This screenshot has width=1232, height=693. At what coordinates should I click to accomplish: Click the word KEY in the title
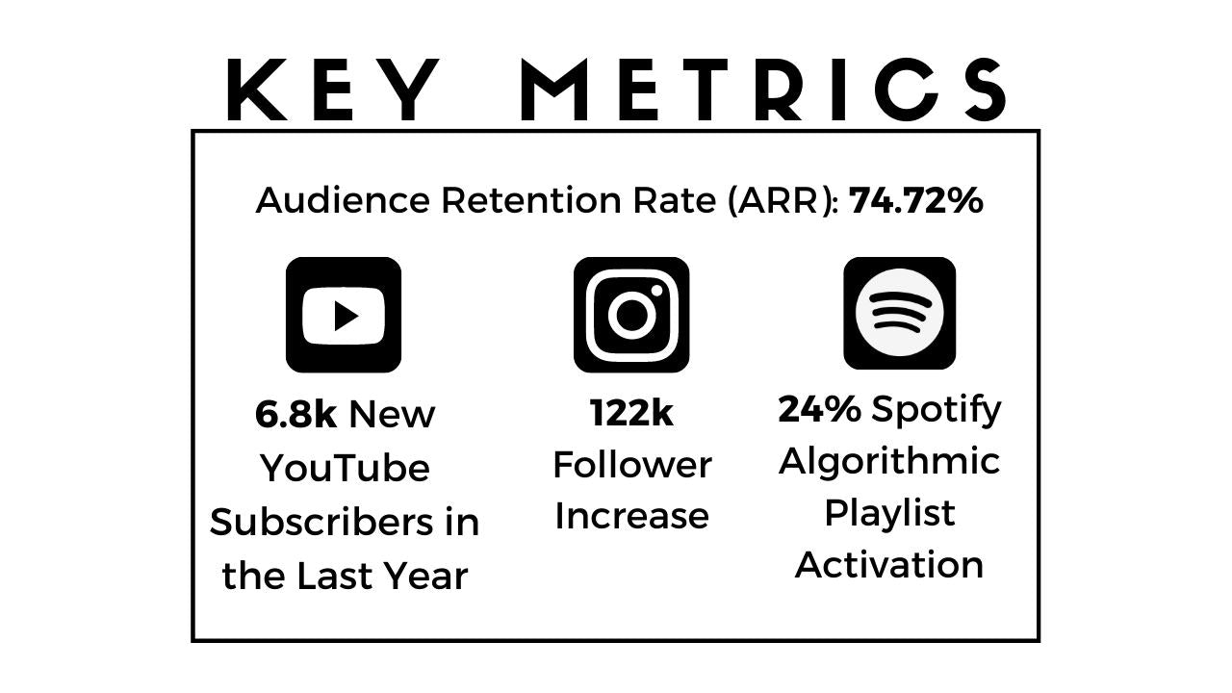(333, 90)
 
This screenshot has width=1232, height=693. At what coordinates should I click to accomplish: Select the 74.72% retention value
(915, 200)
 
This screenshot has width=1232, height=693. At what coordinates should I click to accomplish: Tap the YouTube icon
(344, 315)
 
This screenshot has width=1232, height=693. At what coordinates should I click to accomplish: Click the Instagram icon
(631, 315)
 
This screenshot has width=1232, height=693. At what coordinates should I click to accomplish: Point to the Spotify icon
(900, 313)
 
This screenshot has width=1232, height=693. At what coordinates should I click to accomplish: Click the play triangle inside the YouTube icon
(346, 317)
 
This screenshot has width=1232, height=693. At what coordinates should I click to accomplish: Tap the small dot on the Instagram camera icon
(656, 291)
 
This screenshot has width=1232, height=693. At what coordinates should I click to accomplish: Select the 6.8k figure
(295, 414)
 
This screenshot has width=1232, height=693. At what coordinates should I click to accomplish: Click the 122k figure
(631, 413)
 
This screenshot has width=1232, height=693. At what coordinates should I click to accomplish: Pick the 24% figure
(819, 409)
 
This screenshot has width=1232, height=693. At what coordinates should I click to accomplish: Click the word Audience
(343, 200)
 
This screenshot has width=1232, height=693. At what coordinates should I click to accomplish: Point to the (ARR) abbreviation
(783, 201)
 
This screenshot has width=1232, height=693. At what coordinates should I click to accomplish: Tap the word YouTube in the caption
(345, 468)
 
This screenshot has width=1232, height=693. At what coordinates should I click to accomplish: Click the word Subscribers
(321, 522)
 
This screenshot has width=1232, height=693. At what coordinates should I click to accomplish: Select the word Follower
(632, 465)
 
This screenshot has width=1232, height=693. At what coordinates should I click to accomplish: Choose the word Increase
(632, 516)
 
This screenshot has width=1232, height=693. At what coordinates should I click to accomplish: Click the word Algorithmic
(889, 462)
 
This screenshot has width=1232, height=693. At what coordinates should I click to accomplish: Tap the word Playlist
(890, 514)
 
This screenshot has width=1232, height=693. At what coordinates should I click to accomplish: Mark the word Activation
(889, 565)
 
